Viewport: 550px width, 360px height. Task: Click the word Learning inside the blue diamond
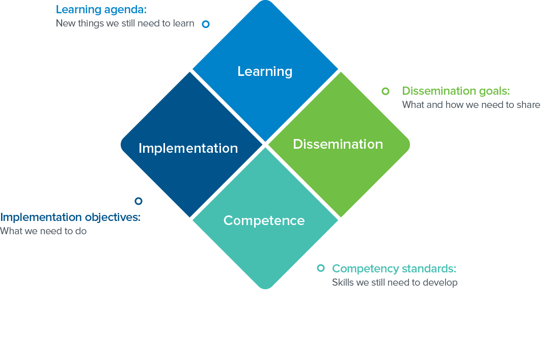tap(265, 72)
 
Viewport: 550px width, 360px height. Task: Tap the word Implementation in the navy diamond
tap(188, 148)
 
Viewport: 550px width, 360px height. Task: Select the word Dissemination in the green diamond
tap(338, 144)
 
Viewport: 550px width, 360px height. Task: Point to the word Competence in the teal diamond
tap(264, 220)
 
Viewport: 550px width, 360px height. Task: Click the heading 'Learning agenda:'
tap(101, 10)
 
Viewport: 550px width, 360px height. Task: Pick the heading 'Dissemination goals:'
tap(456, 91)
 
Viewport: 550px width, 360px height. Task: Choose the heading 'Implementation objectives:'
tap(70, 217)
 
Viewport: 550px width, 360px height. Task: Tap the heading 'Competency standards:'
tap(394, 269)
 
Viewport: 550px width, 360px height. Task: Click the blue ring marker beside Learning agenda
tap(206, 24)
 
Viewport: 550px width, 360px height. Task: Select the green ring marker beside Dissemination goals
tap(386, 91)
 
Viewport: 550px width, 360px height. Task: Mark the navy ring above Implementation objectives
tap(139, 201)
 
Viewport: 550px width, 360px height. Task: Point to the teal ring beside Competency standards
tap(321, 268)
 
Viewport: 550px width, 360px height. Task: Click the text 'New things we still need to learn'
tap(125, 23)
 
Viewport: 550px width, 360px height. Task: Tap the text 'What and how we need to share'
tap(471, 105)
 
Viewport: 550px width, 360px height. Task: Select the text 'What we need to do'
tap(43, 231)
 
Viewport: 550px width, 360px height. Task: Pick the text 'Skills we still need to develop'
tap(395, 283)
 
